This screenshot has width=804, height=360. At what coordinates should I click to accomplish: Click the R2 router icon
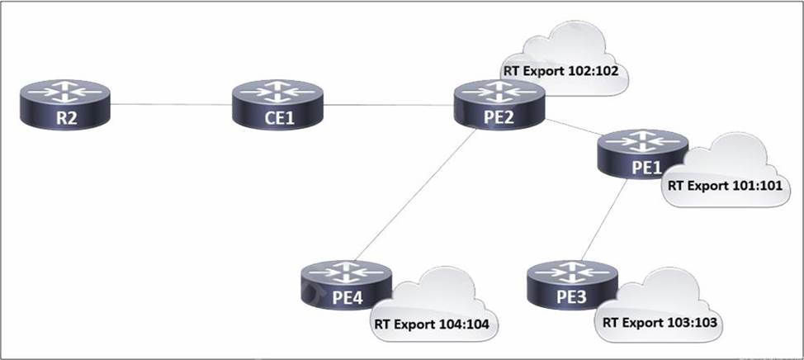(65, 105)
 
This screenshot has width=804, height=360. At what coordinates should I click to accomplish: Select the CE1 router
(277, 105)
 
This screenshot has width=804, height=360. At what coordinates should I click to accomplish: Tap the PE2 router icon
(499, 105)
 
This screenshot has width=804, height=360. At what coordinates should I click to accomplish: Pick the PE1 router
(642, 154)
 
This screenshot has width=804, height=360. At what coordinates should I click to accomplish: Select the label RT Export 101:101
(725, 185)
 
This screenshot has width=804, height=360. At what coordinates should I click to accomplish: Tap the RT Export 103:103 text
(660, 322)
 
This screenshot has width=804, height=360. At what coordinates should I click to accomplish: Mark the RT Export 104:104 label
(432, 324)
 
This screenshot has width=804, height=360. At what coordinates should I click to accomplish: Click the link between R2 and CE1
(171, 105)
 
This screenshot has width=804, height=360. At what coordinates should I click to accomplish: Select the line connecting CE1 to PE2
(389, 105)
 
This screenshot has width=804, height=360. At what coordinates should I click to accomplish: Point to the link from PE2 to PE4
(416, 195)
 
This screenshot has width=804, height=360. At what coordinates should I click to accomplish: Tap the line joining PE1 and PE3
(604, 220)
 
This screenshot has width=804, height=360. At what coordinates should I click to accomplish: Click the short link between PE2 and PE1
(571, 127)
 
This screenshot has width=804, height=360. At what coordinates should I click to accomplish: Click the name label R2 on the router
(66, 119)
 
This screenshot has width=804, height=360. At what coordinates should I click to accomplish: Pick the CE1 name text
(278, 119)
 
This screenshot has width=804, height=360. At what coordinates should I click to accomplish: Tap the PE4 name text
(348, 299)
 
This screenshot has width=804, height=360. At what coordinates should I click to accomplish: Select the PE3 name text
(572, 299)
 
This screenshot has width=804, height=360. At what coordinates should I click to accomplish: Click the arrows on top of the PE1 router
(643, 141)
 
